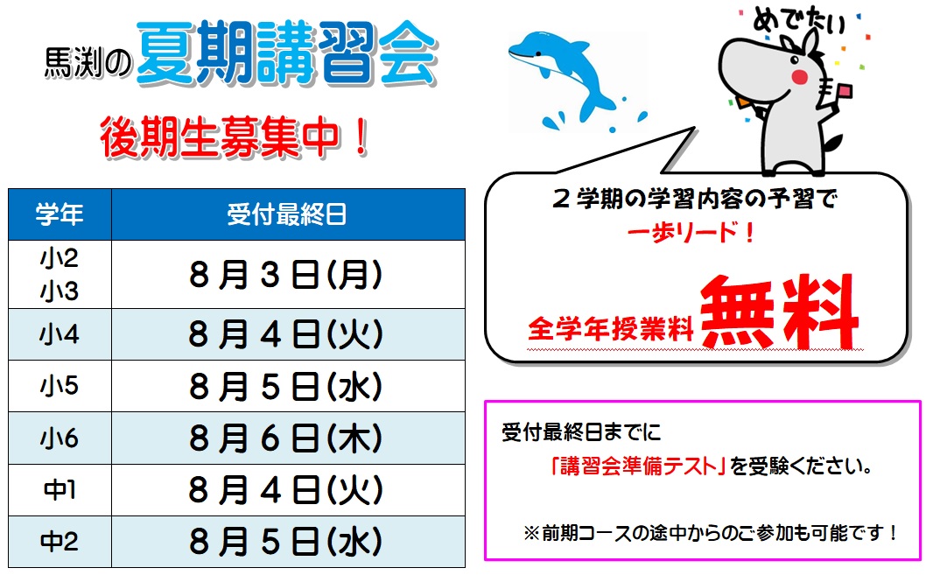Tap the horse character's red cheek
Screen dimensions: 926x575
799,77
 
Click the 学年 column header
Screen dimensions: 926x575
60,214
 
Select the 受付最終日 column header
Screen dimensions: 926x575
288,214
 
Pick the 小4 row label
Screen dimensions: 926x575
60,334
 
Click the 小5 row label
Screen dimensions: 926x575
60,386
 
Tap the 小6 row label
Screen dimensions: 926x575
60,438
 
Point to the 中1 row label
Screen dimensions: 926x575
60,489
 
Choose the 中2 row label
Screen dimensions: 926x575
60,542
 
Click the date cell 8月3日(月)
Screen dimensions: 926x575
286,275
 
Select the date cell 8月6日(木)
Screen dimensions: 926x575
286,438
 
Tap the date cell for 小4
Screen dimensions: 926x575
286,334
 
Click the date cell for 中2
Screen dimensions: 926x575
286,542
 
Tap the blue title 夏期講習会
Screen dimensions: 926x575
287,53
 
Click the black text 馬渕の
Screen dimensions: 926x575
88,63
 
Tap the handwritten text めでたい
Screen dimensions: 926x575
798,21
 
